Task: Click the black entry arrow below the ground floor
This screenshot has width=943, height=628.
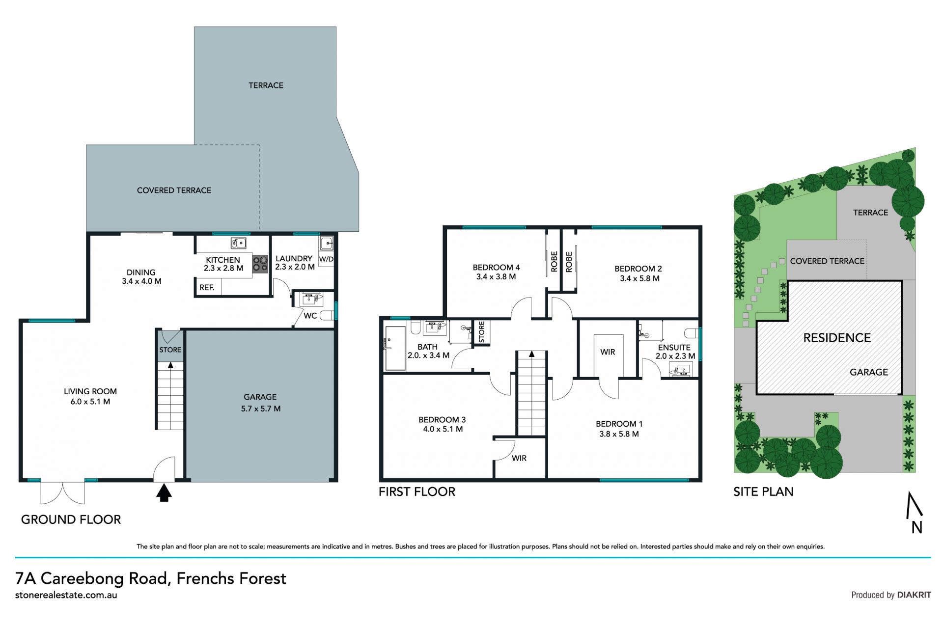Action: coord(164,492)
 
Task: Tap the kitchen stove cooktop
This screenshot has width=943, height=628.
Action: coord(260,264)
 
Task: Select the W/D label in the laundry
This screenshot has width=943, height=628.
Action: coord(326,259)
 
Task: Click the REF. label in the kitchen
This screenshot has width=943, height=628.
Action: coord(207,287)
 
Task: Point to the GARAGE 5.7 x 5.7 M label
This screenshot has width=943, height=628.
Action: coord(260,403)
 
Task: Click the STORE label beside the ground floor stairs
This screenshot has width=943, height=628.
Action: coord(170,350)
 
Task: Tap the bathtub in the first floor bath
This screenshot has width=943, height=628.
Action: coord(395,348)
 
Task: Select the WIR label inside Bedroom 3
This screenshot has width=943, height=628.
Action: coord(519,458)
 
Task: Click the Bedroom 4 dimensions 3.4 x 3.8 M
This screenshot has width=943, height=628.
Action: coord(496,277)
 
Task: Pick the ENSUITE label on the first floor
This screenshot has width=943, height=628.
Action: coord(674,347)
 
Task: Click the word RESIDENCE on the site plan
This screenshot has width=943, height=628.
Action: coord(837,338)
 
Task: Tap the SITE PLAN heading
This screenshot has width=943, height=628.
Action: coord(763,491)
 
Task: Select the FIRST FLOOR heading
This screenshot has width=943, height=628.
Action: coord(417,491)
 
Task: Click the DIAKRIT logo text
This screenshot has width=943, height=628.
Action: coord(914,595)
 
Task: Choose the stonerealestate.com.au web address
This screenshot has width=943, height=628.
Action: coord(66,595)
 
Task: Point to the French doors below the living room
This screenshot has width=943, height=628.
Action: coord(62,492)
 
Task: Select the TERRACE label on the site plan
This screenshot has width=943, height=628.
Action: coord(870,213)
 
